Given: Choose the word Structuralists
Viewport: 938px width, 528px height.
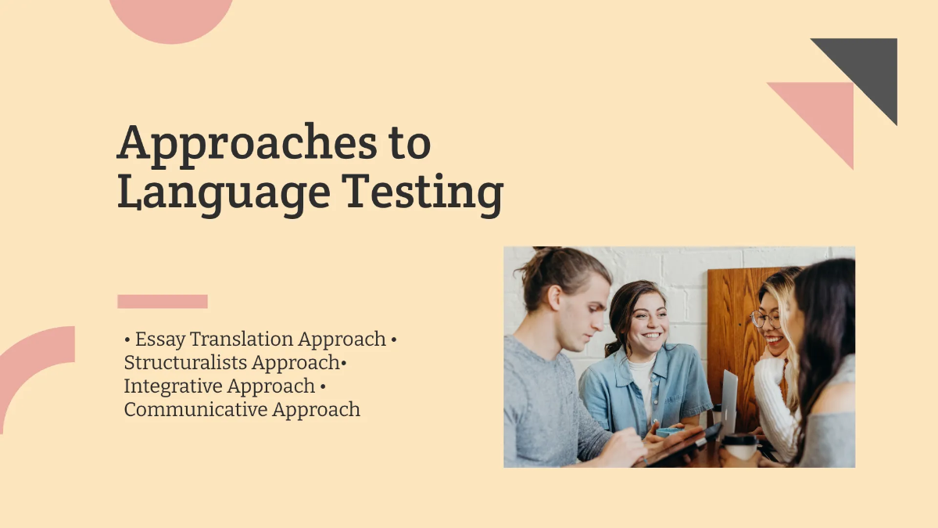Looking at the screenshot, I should [x=186, y=363].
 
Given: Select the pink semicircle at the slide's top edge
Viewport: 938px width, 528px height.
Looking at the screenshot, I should [x=171, y=16].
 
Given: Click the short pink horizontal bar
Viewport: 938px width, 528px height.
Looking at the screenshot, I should [x=163, y=301].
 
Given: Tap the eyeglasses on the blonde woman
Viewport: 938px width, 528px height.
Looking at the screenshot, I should [x=764, y=319].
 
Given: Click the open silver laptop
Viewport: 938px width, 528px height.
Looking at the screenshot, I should [x=728, y=403].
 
